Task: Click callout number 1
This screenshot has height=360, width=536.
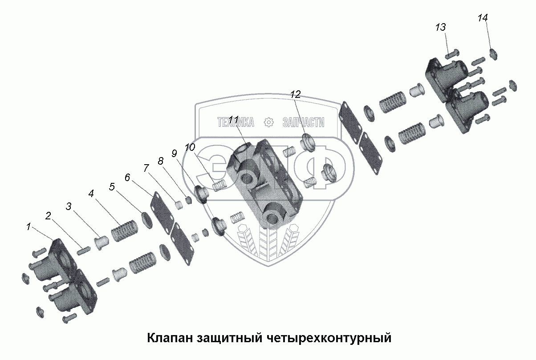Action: [28, 227]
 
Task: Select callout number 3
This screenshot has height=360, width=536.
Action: [69, 206]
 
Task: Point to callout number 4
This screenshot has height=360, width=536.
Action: [91, 194]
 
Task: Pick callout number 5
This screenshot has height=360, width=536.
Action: [112, 187]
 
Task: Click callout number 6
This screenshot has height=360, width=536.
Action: [127, 178]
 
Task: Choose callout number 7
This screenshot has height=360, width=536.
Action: [146, 168]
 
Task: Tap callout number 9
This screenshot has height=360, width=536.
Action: [175, 154]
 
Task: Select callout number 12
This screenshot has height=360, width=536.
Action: [296, 94]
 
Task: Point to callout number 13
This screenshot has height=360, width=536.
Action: [440, 28]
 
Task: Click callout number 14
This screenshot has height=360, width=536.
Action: [483, 18]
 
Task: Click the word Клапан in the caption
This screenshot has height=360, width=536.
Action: [169, 338]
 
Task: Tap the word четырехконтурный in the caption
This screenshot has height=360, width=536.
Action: [330, 338]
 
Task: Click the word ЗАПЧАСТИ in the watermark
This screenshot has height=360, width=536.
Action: [303, 122]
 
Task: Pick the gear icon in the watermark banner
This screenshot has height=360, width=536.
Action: [268, 122]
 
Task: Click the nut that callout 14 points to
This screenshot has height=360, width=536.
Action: [493, 54]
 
